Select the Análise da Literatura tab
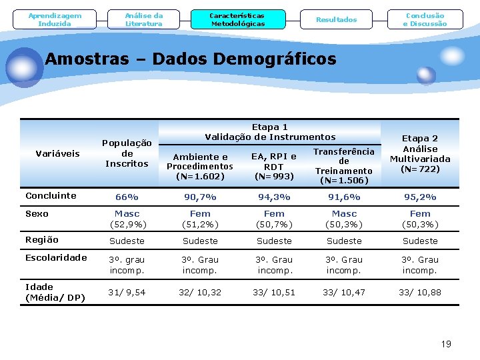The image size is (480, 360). (x=144, y=20)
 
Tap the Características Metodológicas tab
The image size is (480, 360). (x=237, y=19)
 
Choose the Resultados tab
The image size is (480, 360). (x=336, y=20)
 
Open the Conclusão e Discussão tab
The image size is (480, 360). (x=425, y=20)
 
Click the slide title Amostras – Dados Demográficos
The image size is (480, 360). (x=191, y=59)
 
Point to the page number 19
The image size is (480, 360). (x=446, y=344)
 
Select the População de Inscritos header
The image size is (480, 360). (x=127, y=153)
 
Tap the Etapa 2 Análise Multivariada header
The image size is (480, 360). (x=420, y=153)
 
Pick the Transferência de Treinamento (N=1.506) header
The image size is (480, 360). (x=344, y=166)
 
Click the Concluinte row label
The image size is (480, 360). (x=51, y=196)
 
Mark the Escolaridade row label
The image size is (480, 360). (x=56, y=258)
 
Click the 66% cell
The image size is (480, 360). (x=127, y=197)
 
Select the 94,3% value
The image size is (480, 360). (x=274, y=197)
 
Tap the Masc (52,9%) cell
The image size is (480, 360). (x=127, y=219)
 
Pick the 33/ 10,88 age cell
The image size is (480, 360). (x=420, y=293)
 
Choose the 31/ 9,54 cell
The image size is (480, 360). (x=127, y=293)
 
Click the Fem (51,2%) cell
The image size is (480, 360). (x=200, y=219)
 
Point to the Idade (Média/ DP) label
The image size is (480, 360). (x=55, y=292)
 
